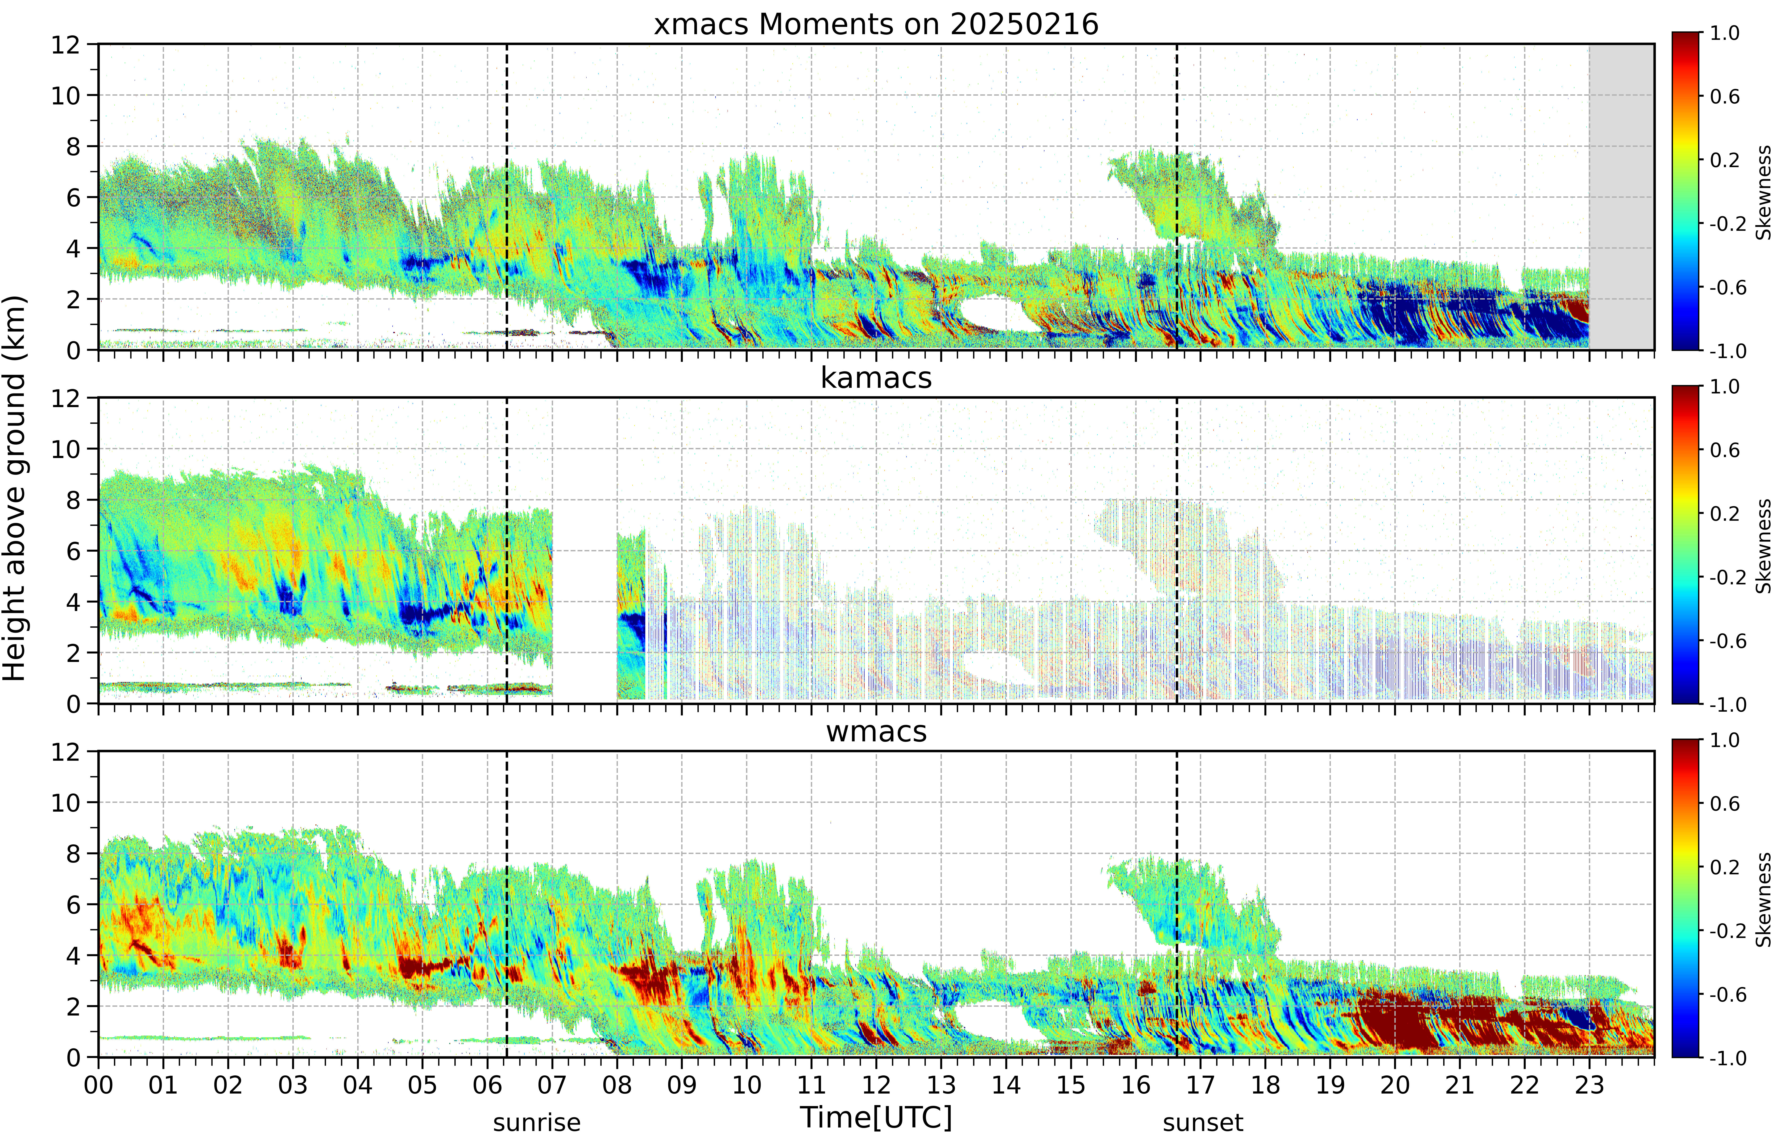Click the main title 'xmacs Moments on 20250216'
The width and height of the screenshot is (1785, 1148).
876,25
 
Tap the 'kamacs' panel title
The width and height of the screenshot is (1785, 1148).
876,378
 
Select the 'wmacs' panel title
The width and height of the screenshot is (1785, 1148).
876,731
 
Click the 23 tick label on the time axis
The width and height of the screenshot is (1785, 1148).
1589,1085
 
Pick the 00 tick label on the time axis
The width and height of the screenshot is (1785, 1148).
98,1085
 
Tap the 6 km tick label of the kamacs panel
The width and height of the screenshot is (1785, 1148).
73,551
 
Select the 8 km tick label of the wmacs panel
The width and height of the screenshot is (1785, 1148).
73,854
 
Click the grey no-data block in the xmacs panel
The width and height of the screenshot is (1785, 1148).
1621,197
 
